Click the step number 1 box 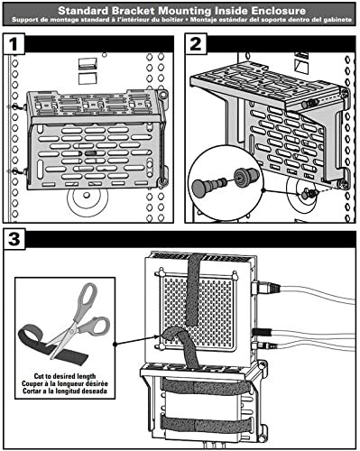(x=14, y=44)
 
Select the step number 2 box (x=196, y=44)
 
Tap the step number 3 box (x=14, y=239)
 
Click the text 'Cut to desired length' (x=65, y=376)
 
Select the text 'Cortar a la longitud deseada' (x=65, y=391)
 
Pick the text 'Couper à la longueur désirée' (x=65, y=383)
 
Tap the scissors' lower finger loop (x=97, y=326)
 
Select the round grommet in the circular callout (x=246, y=175)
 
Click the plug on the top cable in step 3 (x=267, y=288)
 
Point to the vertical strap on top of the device (x=195, y=290)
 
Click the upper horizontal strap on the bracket (x=207, y=386)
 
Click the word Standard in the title (x=83, y=11)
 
